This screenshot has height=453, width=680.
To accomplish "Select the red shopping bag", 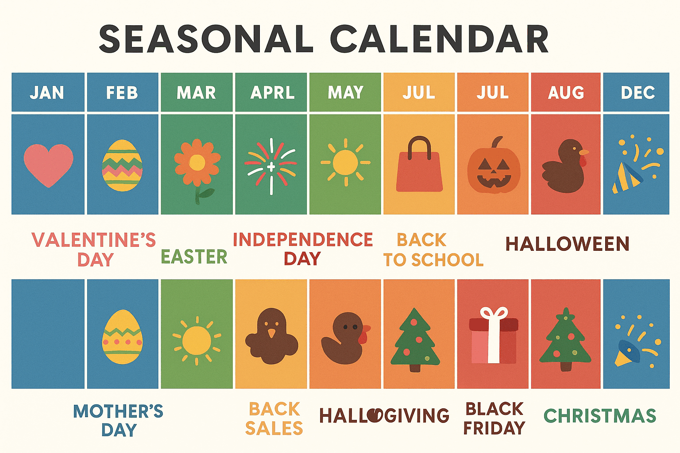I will click(419, 170).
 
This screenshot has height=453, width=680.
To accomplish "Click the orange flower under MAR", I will click(197, 163).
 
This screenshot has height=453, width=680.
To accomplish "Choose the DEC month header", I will click(637, 92).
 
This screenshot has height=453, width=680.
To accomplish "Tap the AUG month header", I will click(566, 92).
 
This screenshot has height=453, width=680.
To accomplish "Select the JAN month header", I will click(47, 92).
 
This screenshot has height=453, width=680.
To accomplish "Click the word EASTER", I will click(194, 257).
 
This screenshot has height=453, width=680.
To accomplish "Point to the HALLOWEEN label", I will click(567, 244).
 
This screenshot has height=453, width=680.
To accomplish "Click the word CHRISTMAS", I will click(599, 416).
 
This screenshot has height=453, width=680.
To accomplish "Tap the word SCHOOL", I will click(447, 260).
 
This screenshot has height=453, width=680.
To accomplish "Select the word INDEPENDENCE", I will click(303, 240).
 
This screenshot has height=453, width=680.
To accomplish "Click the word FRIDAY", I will click(494, 428).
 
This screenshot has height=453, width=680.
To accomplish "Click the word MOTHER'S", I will click(118, 411).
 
